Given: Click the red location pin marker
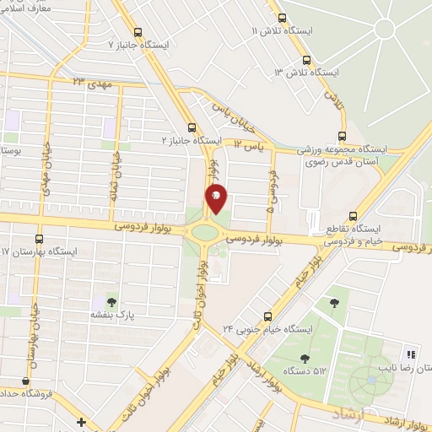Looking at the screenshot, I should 217,197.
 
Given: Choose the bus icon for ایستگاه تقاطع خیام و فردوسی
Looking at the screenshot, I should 353,216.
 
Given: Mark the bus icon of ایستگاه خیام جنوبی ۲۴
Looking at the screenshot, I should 267,316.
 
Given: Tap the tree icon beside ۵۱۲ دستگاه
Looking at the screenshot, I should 304,359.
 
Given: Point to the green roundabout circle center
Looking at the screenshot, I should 204,231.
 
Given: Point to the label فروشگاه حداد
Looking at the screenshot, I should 25,393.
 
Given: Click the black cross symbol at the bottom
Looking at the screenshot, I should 81,422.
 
